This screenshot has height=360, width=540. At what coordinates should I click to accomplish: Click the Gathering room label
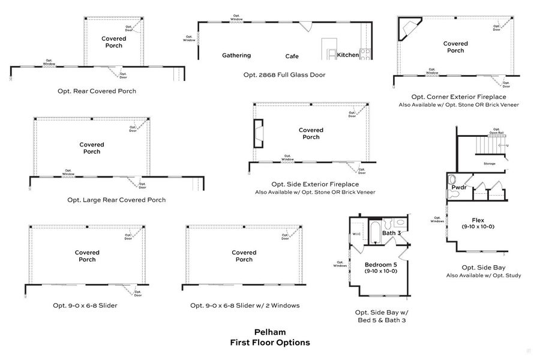(x=236, y=56)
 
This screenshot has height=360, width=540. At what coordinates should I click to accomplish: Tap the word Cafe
(x=292, y=56)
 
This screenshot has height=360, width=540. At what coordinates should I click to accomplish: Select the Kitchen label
(x=347, y=55)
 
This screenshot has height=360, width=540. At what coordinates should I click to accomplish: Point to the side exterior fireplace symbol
(x=258, y=133)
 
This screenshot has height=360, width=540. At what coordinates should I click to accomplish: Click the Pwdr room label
(x=459, y=188)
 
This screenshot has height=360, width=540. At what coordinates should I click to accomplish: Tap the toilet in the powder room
(x=452, y=179)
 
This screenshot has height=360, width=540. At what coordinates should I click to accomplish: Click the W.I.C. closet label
(x=356, y=235)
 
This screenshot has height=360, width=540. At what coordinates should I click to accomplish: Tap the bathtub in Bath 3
(x=374, y=233)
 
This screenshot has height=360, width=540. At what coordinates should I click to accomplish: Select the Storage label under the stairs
(x=490, y=163)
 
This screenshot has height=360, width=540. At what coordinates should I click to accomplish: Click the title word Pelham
(x=270, y=332)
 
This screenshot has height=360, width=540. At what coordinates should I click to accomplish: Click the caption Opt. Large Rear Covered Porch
(x=116, y=200)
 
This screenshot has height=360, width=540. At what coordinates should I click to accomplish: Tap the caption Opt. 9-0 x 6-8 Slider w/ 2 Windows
(x=245, y=305)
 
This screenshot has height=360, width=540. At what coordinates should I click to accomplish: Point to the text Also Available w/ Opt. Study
(x=483, y=275)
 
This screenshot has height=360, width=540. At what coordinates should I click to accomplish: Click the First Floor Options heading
(x=270, y=343)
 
